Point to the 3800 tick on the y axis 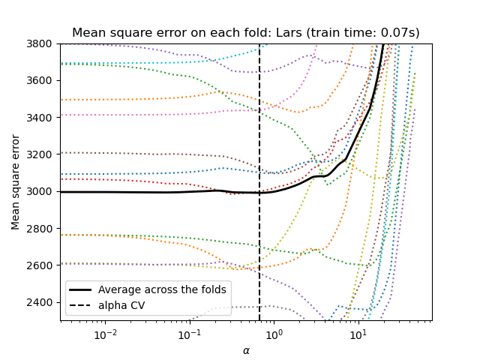tap(42, 43)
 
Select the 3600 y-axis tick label tap(42, 80)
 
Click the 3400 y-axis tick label tap(42, 118)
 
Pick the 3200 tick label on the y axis tap(42, 154)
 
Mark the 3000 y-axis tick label tap(42, 191)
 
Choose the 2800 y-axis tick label tap(42, 229)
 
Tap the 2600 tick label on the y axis tap(42, 265)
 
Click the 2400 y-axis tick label tap(42, 302)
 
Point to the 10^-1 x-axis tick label tap(190, 332)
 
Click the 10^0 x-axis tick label tap(274, 332)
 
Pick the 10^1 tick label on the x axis tap(358, 332)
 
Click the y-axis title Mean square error tap(16, 182)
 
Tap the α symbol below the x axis tap(246, 350)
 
